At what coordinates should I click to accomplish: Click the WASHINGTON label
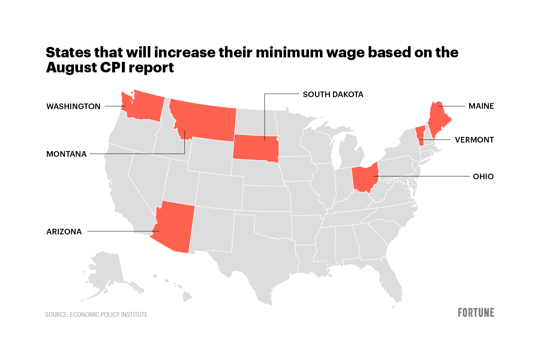tap(73, 106)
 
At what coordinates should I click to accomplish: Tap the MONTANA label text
tap(66, 154)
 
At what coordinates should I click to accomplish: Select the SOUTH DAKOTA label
tap(333, 94)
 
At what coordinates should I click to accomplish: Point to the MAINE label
tap(481, 106)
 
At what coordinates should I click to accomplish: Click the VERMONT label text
tap(474, 140)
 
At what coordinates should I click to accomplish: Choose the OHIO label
tap(483, 177)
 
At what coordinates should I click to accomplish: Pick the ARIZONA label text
tap(64, 232)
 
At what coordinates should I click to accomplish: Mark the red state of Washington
tap(144, 107)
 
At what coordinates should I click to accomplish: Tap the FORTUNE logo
tap(476, 313)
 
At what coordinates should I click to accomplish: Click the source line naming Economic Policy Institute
tap(96, 315)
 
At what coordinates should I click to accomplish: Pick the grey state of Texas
tap(262, 259)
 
